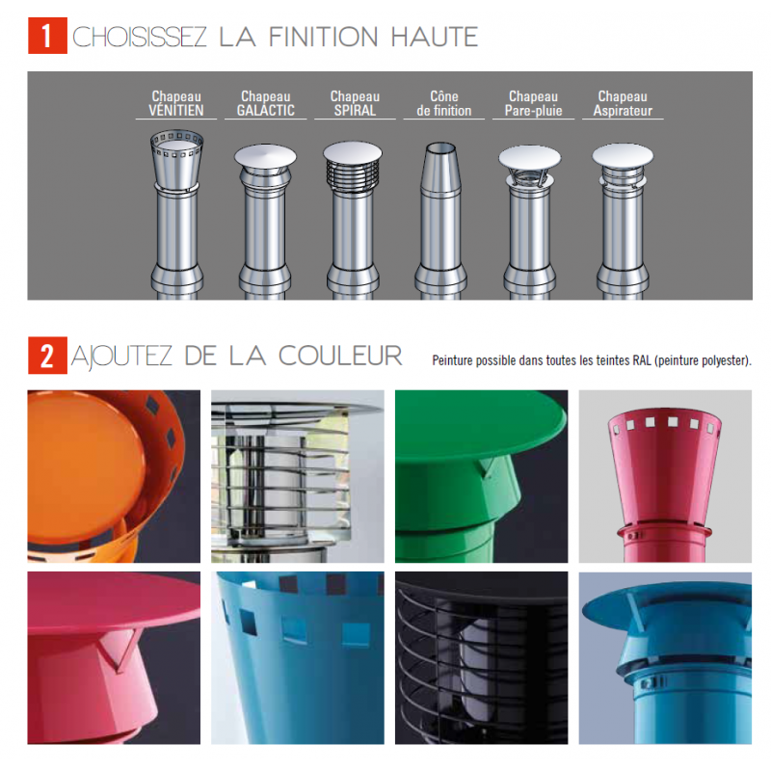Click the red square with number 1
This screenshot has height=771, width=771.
[47, 36]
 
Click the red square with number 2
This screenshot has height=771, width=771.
[47, 355]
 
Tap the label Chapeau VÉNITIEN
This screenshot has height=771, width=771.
[176, 103]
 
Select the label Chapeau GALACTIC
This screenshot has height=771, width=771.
[266, 103]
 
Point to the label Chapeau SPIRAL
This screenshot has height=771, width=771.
[355, 103]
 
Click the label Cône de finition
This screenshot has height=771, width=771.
[444, 103]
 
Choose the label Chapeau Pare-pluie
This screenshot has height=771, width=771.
[534, 103]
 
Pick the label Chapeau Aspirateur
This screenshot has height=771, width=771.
[623, 103]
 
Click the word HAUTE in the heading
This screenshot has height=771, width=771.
[435, 37]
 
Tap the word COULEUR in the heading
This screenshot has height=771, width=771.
[340, 356]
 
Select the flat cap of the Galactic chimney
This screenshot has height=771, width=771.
[266, 156]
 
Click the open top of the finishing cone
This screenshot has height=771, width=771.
[441, 147]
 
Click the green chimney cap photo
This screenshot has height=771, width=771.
[481, 476]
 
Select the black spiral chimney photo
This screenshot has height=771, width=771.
[481, 657]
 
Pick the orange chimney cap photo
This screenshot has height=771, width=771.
[114, 476]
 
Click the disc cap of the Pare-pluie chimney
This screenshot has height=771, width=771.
[529, 157]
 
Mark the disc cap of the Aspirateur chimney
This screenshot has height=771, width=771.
[623, 155]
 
